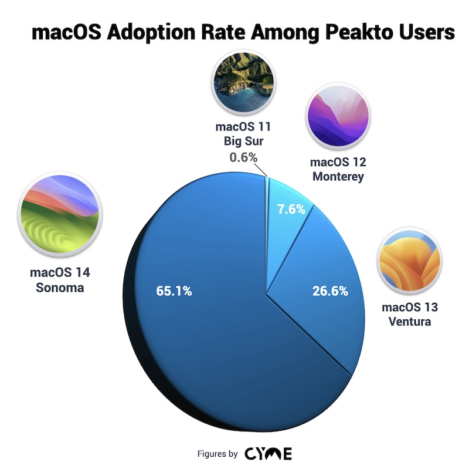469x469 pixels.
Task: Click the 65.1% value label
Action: pos(174,291)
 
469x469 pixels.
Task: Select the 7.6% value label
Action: pos(290,208)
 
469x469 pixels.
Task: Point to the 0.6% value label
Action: pos(243,157)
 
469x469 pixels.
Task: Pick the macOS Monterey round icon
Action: pos(338,116)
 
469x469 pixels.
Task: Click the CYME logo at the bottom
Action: pos(269,453)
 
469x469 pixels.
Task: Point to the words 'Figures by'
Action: pos(217,454)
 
